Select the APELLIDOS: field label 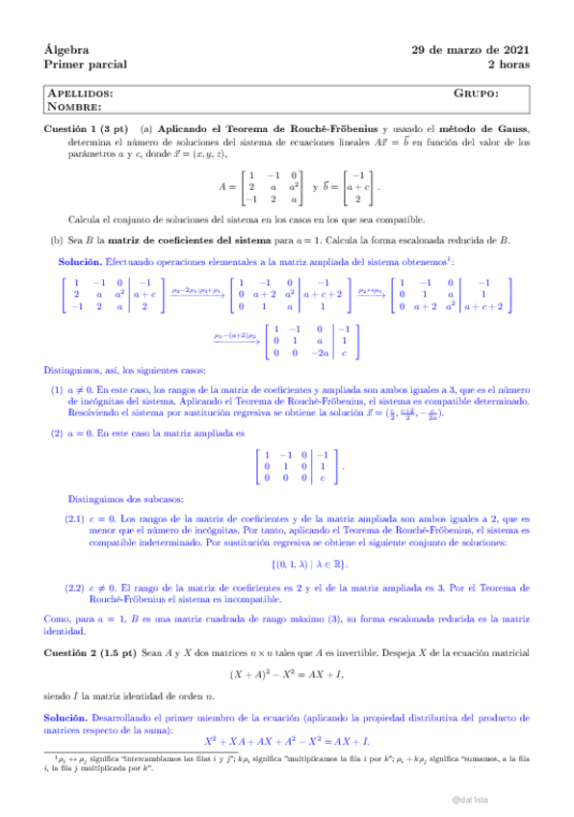(81, 93)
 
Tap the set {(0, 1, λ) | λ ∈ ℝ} (286, 562)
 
